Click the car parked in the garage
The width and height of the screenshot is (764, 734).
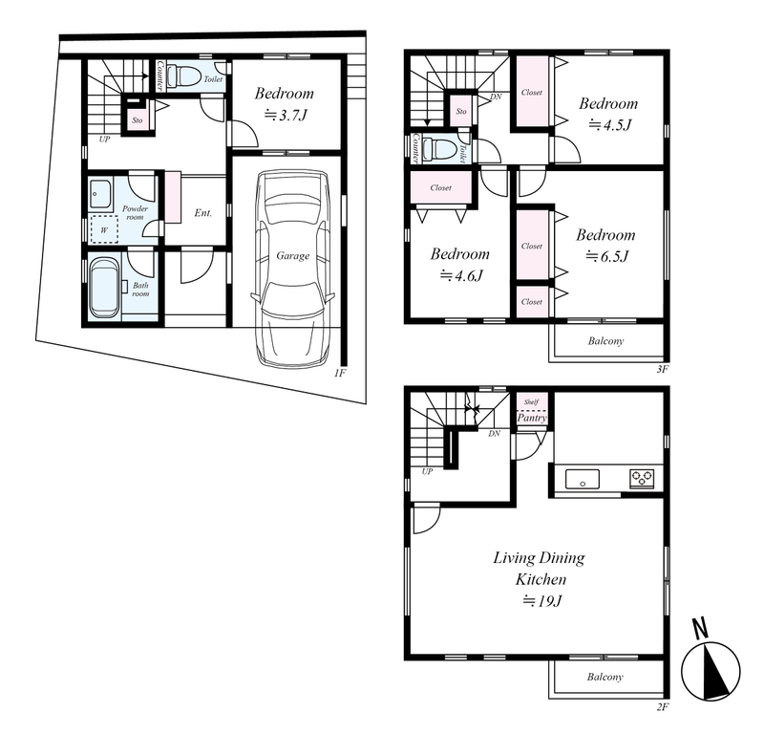[x=293, y=269]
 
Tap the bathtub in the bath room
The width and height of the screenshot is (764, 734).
[x=104, y=288]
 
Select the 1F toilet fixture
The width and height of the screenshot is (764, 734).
[x=183, y=76]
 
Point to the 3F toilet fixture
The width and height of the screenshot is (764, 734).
[x=439, y=149]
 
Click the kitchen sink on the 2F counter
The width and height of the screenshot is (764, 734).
[x=583, y=479]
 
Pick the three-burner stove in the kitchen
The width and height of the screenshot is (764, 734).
[x=642, y=478]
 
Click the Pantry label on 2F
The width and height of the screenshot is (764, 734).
[x=532, y=418]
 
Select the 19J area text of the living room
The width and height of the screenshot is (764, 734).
[x=542, y=601]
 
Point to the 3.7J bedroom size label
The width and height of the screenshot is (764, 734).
[x=286, y=115]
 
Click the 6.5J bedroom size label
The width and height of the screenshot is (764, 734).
[x=607, y=256]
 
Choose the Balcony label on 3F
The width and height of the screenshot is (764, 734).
[x=605, y=341]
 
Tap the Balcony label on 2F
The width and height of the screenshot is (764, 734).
[x=605, y=677]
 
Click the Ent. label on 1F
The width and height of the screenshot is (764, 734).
[x=202, y=212]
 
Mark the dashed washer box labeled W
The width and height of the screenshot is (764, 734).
[x=104, y=229]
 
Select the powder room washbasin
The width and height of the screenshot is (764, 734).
[x=100, y=194]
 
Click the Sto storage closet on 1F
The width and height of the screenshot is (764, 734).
[x=138, y=120]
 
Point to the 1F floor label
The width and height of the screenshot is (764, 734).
[x=340, y=374]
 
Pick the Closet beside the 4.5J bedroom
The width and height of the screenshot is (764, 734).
[x=532, y=92]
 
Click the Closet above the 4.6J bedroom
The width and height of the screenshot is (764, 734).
[x=440, y=187]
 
